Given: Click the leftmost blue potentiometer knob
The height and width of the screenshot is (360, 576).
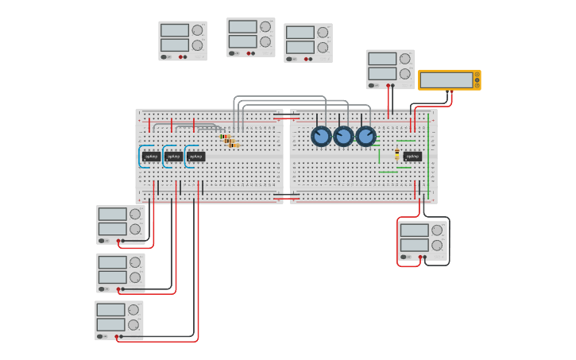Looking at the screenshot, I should [321, 136].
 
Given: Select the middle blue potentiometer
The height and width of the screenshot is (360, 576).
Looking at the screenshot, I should [343, 136].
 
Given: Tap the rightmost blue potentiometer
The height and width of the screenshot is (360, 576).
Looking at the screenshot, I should [365, 136].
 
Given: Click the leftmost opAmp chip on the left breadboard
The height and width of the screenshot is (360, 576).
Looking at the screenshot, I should [151, 157].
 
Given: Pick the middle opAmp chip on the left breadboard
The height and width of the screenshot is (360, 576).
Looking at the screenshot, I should [174, 157].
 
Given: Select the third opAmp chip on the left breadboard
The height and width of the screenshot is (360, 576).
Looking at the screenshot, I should [196, 157].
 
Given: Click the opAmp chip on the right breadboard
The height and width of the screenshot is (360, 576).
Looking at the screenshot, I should [412, 157].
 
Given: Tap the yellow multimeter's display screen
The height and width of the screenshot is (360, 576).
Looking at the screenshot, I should [446, 80].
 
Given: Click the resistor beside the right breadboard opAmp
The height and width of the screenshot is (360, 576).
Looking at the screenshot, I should [397, 154].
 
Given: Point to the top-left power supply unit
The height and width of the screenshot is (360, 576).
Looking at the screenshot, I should [183, 41].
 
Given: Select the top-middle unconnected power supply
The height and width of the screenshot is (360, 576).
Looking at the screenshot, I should [251, 37].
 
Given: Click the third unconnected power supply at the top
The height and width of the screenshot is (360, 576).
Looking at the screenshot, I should [308, 43].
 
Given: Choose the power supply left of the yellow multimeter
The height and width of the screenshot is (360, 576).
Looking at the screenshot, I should [390, 69].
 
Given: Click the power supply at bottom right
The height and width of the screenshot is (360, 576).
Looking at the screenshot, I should [423, 240].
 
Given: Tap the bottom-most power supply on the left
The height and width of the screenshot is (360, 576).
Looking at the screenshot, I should [119, 320].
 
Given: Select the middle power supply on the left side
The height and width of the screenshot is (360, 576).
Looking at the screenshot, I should [121, 273].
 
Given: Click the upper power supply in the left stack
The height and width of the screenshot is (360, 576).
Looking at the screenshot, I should [121, 224].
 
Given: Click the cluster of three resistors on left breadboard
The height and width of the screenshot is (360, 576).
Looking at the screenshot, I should [230, 141].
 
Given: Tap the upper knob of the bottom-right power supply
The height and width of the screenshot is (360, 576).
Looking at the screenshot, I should [437, 230].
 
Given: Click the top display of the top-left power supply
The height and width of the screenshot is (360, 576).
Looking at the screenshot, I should [174, 30].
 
